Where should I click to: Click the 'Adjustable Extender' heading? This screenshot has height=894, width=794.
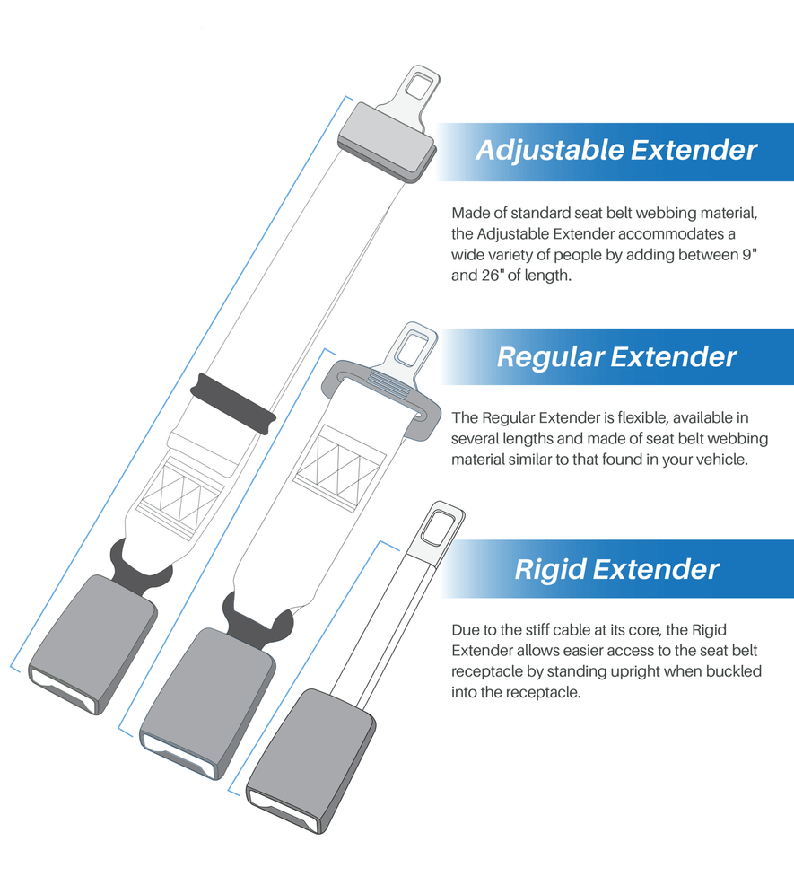click(x=616, y=150)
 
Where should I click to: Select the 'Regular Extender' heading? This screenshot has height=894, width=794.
click(x=616, y=357)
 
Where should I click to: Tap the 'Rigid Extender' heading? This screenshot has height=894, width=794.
click(x=616, y=569)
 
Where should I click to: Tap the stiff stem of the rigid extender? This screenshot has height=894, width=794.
click(x=390, y=619)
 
